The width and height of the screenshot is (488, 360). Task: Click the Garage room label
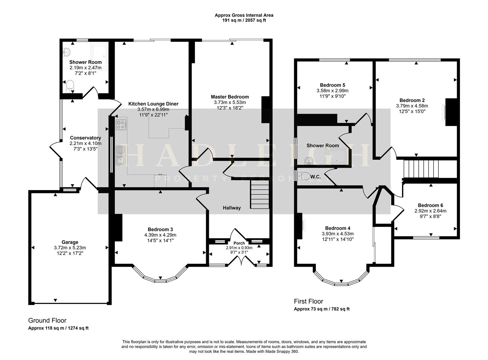click(70, 242)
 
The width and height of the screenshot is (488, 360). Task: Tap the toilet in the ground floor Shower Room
click(70, 85)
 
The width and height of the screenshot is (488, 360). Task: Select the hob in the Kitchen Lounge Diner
click(121, 125)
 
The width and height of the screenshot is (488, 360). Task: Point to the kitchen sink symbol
click(120, 155)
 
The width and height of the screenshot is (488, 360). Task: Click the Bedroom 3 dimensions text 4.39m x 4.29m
click(160, 235)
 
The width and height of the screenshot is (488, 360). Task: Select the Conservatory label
click(85, 138)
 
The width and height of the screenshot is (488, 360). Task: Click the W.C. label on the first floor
click(316, 177)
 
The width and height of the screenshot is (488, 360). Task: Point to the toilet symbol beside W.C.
click(303, 176)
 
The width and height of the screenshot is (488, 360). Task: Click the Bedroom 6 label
click(430, 205)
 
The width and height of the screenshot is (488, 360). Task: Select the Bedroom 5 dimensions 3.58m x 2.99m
click(332, 91)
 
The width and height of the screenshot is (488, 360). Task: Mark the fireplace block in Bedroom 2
click(451, 112)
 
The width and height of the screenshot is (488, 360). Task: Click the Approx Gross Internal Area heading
click(244, 15)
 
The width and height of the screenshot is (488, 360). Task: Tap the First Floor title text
click(308, 301)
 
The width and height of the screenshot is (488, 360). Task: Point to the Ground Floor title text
click(47, 320)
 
